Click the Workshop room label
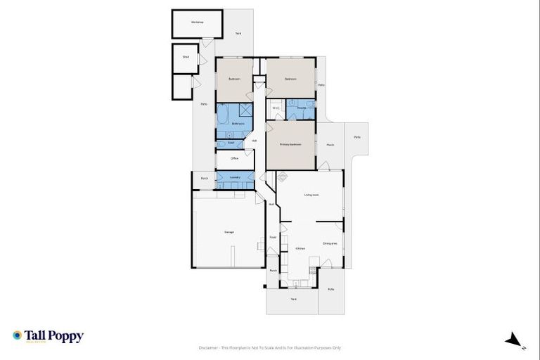[197, 22]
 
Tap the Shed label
[186, 57]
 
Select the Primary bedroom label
[290, 144]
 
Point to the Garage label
[229, 231]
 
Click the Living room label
[311, 195]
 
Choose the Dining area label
[330, 244]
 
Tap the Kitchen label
[300, 249]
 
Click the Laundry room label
[234, 177]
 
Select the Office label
[234, 158]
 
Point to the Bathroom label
[238, 124]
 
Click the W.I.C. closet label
[276, 108]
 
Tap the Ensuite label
[301, 108]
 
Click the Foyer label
[273, 237]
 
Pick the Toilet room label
[231, 143]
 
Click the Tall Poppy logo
[48, 336]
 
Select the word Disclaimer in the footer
[210, 347]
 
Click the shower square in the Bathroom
[245, 110]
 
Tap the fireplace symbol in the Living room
[282, 177]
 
